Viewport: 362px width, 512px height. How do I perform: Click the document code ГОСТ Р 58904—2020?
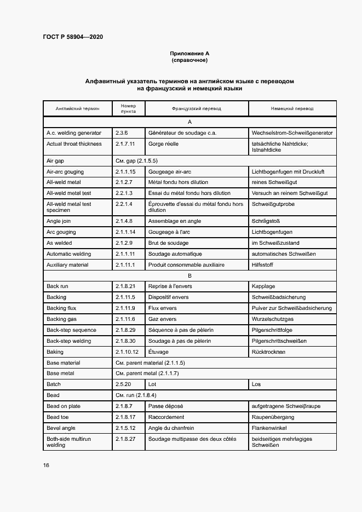click(x=73, y=37)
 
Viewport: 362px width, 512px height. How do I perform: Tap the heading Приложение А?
click(x=189, y=53)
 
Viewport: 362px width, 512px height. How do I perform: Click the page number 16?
click(x=47, y=465)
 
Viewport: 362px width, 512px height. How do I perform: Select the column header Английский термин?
click(x=77, y=108)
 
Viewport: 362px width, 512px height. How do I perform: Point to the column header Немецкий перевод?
click(x=292, y=108)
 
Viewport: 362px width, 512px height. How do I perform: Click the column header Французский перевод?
click(x=196, y=108)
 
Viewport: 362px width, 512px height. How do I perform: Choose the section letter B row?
click(x=189, y=275)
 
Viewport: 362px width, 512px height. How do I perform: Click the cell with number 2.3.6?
click(x=122, y=133)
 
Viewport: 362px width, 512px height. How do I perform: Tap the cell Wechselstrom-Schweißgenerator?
click(x=292, y=133)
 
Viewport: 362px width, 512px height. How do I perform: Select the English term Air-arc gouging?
click(x=65, y=171)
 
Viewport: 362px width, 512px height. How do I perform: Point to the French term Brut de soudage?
click(x=168, y=243)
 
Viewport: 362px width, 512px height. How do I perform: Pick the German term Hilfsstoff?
click(x=262, y=264)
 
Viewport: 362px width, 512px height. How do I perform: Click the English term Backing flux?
click(x=61, y=308)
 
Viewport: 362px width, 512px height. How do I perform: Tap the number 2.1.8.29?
click(x=125, y=330)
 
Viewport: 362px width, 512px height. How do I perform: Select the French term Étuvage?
click(x=158, y=352)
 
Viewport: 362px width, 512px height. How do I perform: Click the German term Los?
click(x=256, y=384)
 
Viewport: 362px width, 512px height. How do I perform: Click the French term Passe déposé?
click(x=166, y=406)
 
